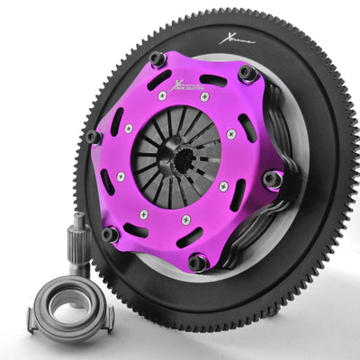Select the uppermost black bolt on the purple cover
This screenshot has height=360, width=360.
157,59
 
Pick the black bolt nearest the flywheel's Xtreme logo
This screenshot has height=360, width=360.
246,73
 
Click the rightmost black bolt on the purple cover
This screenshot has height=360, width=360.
271,179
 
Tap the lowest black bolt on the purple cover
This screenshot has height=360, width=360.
198,263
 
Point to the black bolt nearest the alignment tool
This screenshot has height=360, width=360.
110,234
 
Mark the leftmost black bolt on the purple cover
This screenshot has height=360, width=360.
94,137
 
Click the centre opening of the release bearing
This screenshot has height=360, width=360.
67,306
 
